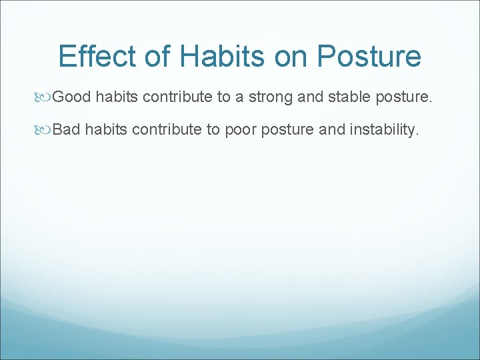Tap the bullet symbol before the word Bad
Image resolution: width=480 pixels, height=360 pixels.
[44, 130]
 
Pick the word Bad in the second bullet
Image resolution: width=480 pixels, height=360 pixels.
[66, 130]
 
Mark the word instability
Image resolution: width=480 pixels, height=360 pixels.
[385, 130]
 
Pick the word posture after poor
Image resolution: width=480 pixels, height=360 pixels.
[287, 130]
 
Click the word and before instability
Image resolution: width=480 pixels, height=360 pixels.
[331, 130]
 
